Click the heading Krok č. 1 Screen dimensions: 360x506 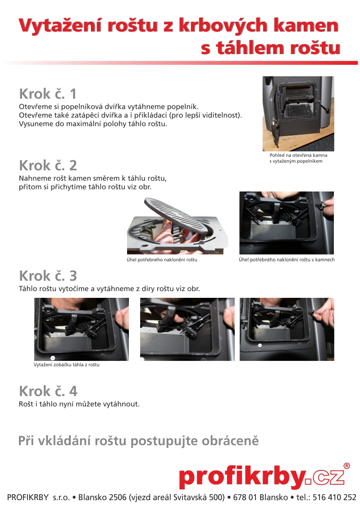pyautogui.click(x=48, y=94)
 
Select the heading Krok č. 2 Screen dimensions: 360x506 pyautogui.click(x=48, y=165)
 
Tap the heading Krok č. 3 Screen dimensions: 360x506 pyautogui.click(x=48, y=276)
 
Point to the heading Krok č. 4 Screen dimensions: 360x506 pyautogui.click(x=48, y=391)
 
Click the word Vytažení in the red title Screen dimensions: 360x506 pyautogui.click(x=61, y=26)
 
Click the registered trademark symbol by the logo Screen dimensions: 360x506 pyautogui.click(x=346, y=465)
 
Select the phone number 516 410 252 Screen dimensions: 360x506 pyautogui.click(x=334, y=497)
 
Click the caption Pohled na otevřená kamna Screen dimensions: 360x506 pyautogui.click(x=298, y=155)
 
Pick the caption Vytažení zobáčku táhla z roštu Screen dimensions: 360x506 pyautogui.click(x=66, y=365)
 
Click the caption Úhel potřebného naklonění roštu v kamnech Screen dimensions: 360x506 pyautogui.click(x=287, y=260)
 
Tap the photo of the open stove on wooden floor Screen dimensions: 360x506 pyautogui.click(x=298, y=114)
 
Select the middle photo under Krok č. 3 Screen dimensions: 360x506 pyautogui.click(x=187, y=329)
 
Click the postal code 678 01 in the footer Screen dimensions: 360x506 pyautogui.click(x=245, y=497)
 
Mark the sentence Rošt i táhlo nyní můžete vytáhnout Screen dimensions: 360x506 pyautogui.click(x=79, y=404)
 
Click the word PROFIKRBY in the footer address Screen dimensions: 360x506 pyautogui.click(x=28, y=497)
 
